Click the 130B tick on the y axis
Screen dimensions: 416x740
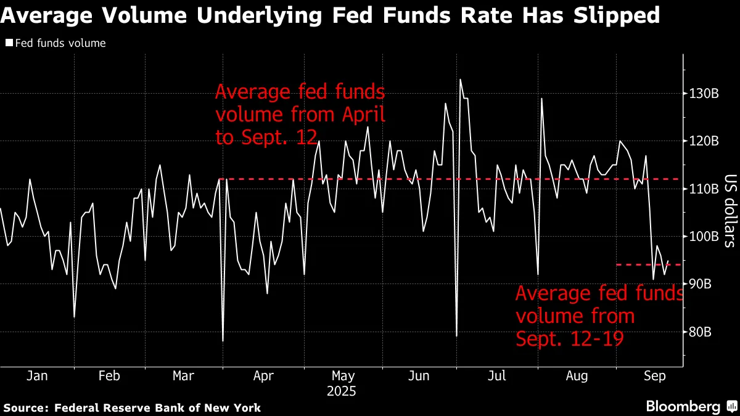point(704,93)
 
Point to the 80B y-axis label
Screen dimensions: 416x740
point(704,332)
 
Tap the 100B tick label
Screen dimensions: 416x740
point(704,237)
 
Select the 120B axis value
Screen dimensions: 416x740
point(704,141)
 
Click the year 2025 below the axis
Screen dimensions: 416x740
point(343,391)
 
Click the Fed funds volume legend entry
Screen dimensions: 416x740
point(60,43)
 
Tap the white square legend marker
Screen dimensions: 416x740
point(9,43)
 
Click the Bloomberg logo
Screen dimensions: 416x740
point(683,407)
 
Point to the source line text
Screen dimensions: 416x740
point(133,407)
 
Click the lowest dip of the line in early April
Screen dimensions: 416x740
point(223,341)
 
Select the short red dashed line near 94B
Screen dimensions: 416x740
point(647,264)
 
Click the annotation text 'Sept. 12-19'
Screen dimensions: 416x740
point(567,339)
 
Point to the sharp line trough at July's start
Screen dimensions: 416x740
point(456,336)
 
